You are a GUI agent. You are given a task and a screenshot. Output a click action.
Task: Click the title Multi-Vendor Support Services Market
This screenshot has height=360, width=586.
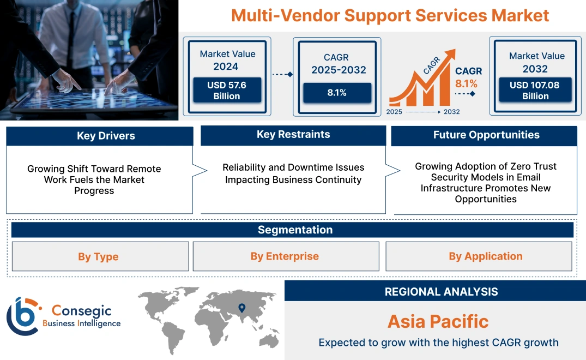pyautogui.click(x=390, y=15)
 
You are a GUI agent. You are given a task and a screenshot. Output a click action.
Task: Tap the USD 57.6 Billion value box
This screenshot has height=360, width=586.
pyautogui.click(x=227, y=91)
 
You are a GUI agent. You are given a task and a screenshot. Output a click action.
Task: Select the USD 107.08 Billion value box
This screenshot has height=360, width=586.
pyautogui.click(x=535, y=91)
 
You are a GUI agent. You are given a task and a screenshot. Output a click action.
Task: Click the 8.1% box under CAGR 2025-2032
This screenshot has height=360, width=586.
pyautogui.click(x=337, y=93)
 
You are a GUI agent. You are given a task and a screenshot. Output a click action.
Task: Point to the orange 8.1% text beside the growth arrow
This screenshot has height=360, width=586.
pyautogui.click(x=466, y=83)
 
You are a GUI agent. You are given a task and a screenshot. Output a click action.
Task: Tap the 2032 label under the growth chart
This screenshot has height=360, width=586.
pyautogui.click(x=451, y=112)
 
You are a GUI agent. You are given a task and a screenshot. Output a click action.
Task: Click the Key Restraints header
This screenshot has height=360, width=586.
pyautogui.click(x=293, y=135)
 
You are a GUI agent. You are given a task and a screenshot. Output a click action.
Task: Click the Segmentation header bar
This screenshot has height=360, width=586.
pyautogui.click(x=295, y=230)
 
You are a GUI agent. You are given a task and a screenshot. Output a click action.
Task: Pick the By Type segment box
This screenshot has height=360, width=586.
pyautogui.click(x=98, y=256)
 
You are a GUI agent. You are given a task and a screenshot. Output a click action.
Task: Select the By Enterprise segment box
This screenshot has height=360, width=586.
pyautogui.click(x=285, y=256)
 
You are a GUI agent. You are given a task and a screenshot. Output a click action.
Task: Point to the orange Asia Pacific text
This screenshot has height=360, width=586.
pyautogui.click(x=438, y=321)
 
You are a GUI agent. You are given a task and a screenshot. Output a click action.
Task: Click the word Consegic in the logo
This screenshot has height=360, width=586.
pyautogui.click(x=81, y=311)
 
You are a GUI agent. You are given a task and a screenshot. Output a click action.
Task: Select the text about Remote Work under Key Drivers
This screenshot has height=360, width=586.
pyautogui.click(x=94, y=179)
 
